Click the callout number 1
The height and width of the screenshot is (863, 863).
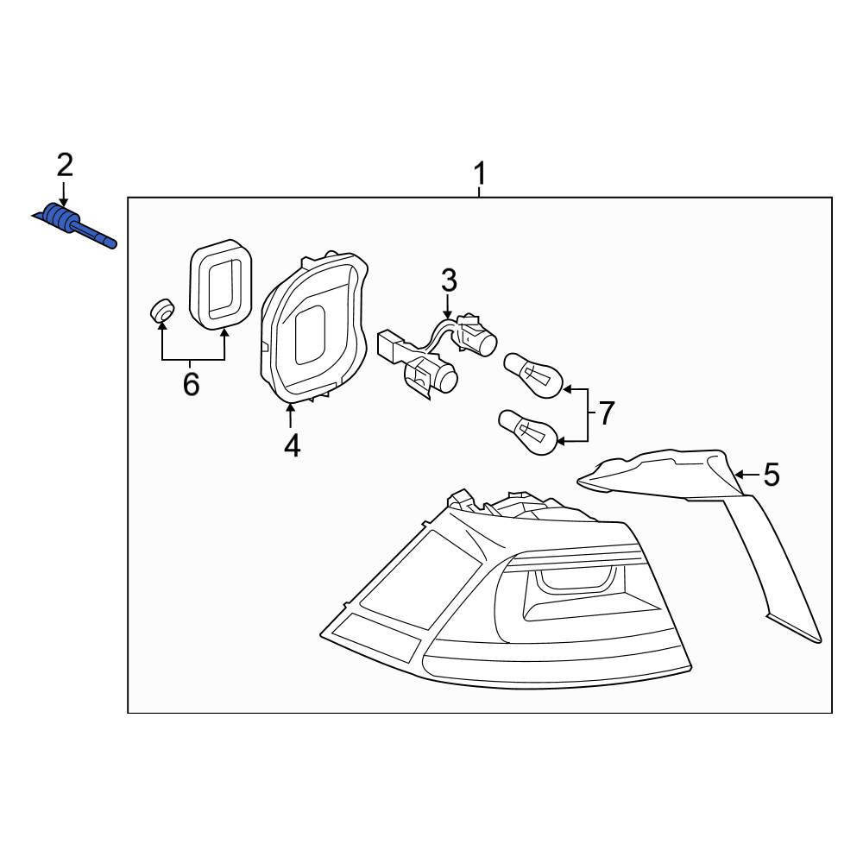click(x=480, y=173)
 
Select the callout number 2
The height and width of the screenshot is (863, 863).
click(x=65, y=165)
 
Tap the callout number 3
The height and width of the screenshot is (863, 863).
click(x=449, y=280)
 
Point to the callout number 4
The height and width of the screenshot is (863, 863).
click(x=293, y=446)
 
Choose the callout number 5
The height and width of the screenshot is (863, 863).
click(x=772, y=475)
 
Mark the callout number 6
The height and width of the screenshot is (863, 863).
click(x=191, y=384)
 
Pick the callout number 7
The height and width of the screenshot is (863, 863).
click(x=606, y=413)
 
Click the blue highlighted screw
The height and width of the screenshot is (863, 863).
click(x=74, y=224)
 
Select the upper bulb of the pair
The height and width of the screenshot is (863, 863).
click(x=532, y=375)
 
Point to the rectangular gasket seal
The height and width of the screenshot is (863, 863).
click(x=220, y=283)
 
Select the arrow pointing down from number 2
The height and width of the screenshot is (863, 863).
click(x=64, y=193)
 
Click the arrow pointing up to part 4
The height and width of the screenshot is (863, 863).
click(x=289, y=416)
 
